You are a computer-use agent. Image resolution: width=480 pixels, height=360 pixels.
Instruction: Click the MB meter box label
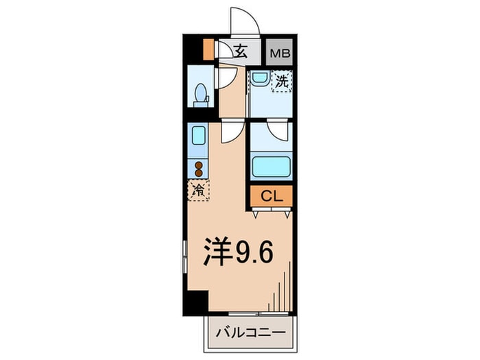(x=278, y=51)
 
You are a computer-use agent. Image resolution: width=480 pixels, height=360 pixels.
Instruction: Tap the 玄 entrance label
(x=241, y=50)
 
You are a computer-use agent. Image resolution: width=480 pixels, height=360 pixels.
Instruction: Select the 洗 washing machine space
(x=281, y=81)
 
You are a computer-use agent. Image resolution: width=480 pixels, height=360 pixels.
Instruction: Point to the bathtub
(x=271, y=167)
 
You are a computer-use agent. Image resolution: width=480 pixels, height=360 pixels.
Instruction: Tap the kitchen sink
(x=198, y=136)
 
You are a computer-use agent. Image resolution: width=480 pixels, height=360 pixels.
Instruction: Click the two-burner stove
(x=199, y=169)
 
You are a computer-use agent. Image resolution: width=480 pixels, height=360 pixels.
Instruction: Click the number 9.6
(x=255, y=252)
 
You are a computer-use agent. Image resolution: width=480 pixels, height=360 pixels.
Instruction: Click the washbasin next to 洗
(x=259, y=79)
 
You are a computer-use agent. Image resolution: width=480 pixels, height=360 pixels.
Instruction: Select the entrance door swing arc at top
(x=245, y=21)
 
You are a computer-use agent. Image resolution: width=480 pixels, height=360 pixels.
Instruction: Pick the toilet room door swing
(x=227, y=77)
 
